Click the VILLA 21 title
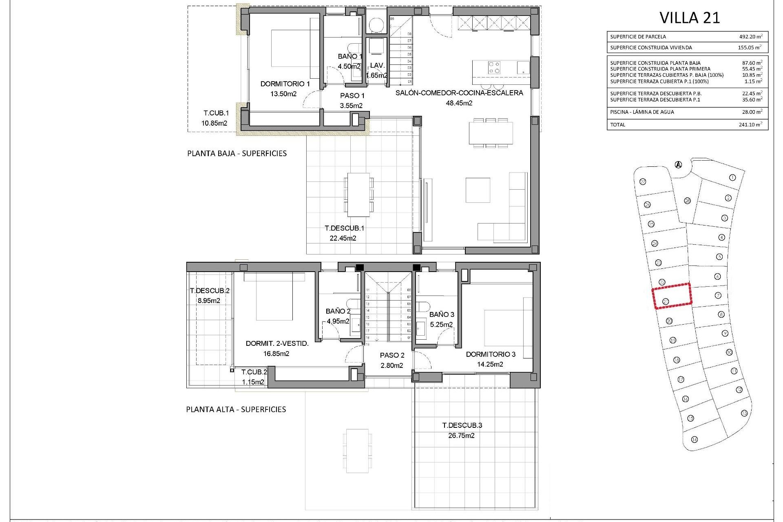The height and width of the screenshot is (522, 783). tap(690, 18)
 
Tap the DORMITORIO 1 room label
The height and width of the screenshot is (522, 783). tap(285, 84)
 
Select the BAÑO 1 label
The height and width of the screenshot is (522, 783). tap(349, 57)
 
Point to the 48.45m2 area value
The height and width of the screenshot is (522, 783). tap(459, 103)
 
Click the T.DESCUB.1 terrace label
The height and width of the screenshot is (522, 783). tap(344, 228)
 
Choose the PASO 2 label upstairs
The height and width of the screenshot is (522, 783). tap(392, 356)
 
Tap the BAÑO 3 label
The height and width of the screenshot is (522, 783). tap(442, 314)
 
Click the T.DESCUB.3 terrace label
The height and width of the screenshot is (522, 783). tap(462, 425)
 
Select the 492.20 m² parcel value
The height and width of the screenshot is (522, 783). tap(750, 36)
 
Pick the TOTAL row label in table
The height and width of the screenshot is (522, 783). tap(617, 125)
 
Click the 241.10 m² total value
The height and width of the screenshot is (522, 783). tap(750, 125)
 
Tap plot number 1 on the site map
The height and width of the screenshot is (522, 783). tap(732, 178)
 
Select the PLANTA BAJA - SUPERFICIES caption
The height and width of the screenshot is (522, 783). tap(237, 154)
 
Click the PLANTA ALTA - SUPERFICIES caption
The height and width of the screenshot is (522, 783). tap(236, 409)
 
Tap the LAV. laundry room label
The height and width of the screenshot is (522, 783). tap(377, 66)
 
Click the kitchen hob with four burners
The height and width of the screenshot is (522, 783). tap(494, 67)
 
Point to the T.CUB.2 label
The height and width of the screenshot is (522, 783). tap(254, 372)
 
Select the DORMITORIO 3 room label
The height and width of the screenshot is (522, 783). tap(491, 354)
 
